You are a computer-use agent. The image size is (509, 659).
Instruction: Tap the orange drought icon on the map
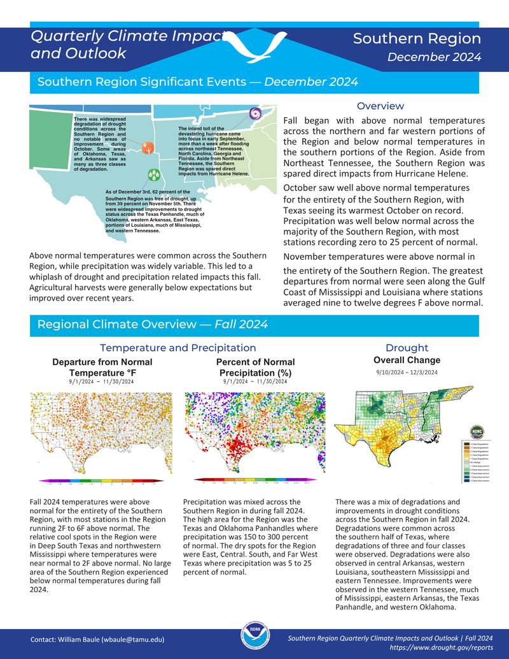pos(148,148)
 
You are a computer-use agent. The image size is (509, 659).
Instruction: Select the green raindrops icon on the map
pos(153,174)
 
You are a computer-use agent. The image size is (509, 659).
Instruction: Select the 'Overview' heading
pos(380,106)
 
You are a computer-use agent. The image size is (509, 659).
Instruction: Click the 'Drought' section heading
pos(407,348)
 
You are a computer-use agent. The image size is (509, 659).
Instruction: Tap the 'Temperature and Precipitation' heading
pos(178,348)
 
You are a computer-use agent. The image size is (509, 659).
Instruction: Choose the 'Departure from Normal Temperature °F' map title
pos(102,367)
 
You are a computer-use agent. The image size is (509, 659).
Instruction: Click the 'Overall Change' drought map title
pos(407,360)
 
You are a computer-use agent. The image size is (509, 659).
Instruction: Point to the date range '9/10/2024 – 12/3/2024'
pos(407,372)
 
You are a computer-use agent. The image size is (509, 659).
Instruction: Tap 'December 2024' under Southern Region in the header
pos(434,58)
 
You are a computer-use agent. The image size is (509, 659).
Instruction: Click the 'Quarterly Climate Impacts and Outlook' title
pos(127,45)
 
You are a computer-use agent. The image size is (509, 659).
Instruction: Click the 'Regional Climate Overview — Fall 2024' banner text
pos(152,325)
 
